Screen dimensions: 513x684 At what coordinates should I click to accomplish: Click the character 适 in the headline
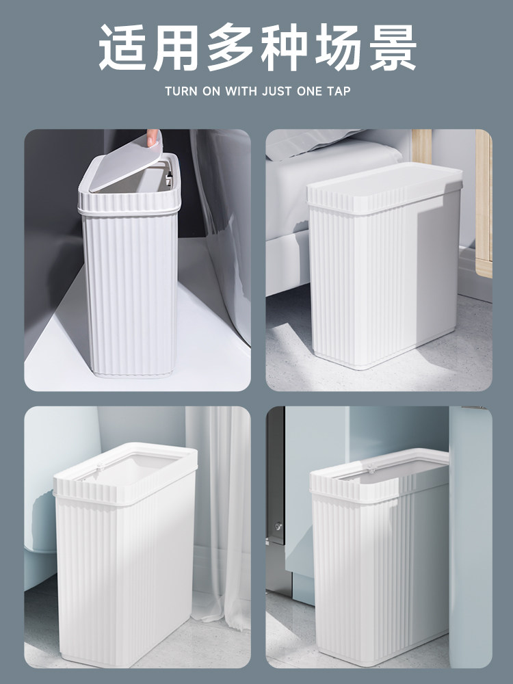tap(122, 47)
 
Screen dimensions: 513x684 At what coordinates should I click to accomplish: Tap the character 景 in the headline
tap(393, 47)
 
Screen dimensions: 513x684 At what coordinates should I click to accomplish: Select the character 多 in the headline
tap(231, 47)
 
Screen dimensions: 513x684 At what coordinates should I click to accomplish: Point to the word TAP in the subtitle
tap(339, 91)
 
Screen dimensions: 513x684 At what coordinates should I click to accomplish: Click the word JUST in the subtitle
tap(276, 91)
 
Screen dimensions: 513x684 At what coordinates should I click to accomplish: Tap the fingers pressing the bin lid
tap(153, 137)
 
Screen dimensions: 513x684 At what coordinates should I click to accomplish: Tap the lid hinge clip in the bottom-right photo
tap(372, 469)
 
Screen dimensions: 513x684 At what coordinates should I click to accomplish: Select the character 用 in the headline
tap(176, 47)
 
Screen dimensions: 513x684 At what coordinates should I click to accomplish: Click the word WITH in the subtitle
tap(241, 91)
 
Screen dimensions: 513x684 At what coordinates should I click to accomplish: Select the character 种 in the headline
tap(285, 47)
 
